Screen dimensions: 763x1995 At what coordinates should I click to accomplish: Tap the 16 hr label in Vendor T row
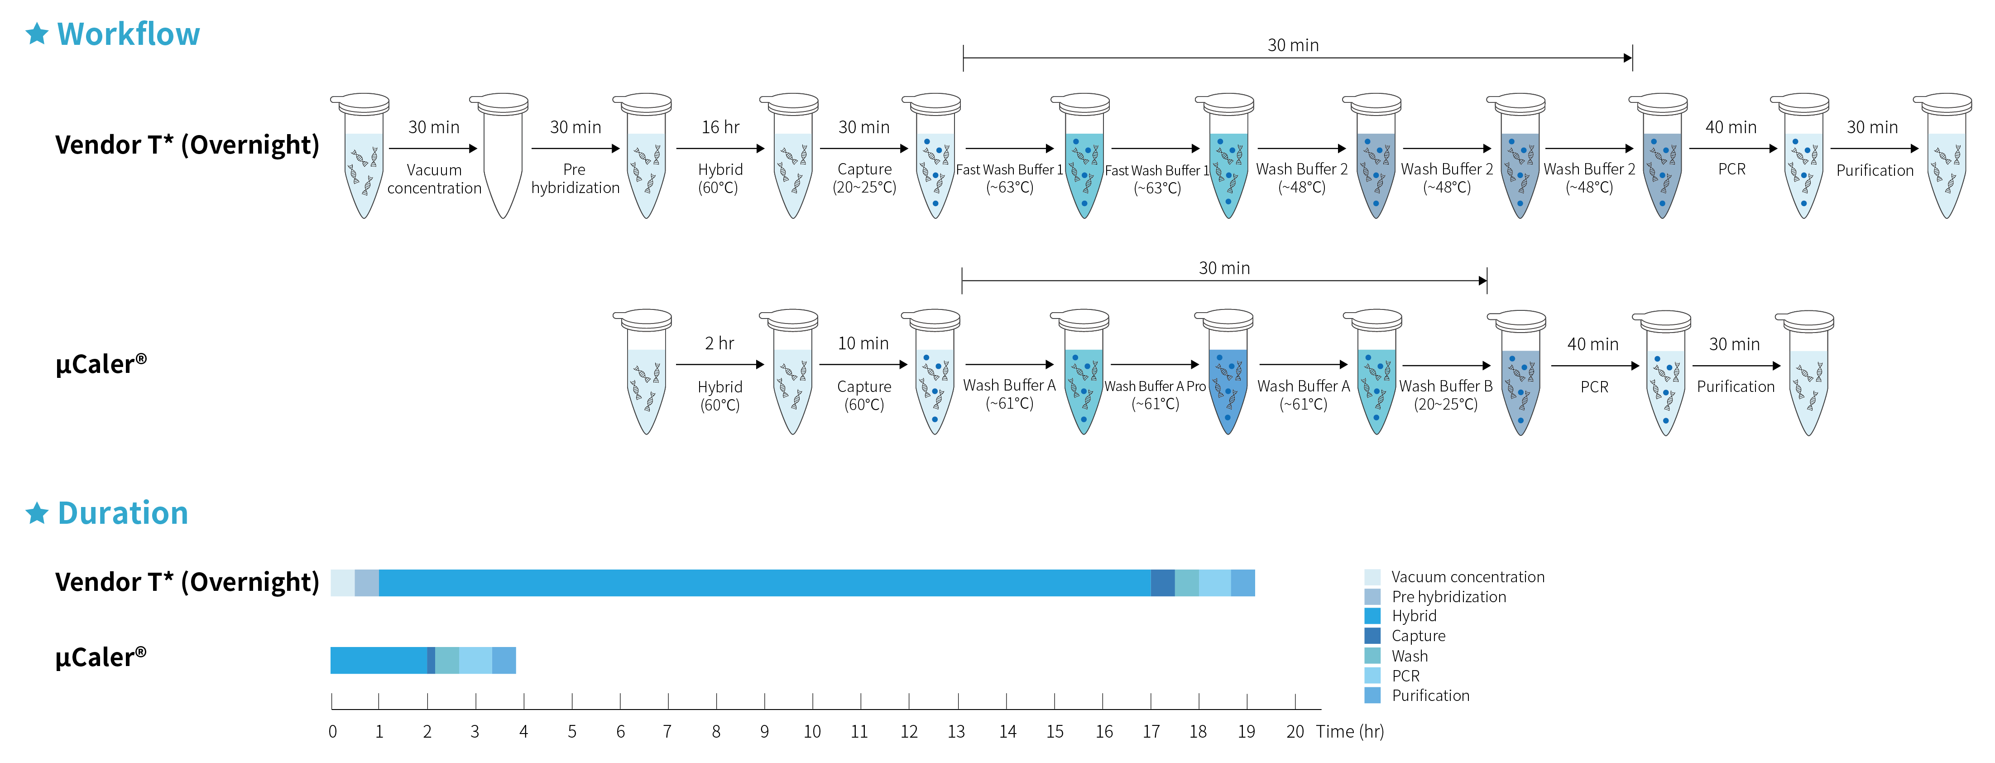pos(720,127)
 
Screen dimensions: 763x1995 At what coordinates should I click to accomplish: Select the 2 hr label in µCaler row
pos(719,343)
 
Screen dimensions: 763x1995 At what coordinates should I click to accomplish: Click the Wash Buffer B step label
pos(1445,386)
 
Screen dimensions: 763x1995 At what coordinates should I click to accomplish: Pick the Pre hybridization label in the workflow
pos(575,178)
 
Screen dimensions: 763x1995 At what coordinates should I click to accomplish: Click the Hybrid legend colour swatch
pos(1372,616)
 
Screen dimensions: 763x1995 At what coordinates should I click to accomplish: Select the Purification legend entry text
pos(1430,695)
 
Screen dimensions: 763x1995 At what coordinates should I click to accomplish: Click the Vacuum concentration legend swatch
pos(1372,577)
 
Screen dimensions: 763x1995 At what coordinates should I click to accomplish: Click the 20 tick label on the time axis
pos(1295,731)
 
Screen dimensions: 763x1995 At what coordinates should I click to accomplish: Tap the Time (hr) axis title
pos(1350,731)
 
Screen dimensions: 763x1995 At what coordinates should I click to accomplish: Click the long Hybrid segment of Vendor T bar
pos(764,583)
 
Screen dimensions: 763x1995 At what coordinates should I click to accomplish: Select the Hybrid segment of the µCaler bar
pos(379,660)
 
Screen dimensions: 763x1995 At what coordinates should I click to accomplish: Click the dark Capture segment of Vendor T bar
pos(1162,583)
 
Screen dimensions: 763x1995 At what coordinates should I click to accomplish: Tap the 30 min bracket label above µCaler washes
pos(1223,268)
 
